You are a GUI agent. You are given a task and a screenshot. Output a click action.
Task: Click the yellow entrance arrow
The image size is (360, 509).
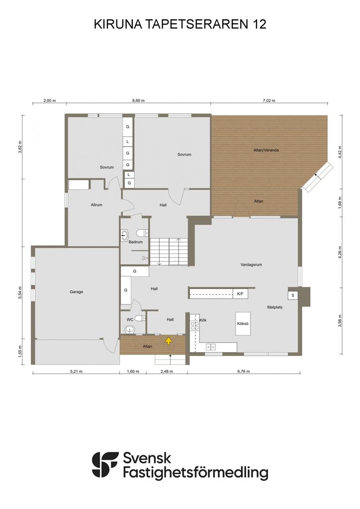(169, 340)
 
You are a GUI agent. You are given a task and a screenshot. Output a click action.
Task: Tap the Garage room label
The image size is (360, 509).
(76, 292)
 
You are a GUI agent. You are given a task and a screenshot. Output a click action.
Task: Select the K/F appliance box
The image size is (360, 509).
(240, 294)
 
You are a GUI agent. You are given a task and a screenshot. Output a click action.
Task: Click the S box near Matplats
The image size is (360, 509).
(293, 295)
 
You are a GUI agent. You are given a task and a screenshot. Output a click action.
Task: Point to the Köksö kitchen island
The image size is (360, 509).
(243, 324)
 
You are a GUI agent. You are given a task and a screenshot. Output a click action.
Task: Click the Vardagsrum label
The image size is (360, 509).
(251, 264)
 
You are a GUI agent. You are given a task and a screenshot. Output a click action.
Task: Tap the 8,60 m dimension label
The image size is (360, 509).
(138, 100)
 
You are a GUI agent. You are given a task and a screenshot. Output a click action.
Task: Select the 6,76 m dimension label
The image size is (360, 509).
(244, 371)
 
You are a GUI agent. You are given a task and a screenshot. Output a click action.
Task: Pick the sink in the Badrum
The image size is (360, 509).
(125, 235)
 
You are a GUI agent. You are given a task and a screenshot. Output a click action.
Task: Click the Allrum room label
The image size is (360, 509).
(96, 205)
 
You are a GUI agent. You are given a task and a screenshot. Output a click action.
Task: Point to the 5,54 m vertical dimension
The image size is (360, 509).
(20, 292)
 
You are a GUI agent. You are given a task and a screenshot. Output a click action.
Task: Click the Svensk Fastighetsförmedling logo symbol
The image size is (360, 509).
(105, 465)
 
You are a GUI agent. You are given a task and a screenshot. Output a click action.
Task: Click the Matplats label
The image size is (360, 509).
(274, 307)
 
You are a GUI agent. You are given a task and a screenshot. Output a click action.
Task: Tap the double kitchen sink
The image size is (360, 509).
(210, 347)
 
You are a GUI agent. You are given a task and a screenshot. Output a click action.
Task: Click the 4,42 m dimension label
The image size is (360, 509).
(340, 152)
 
